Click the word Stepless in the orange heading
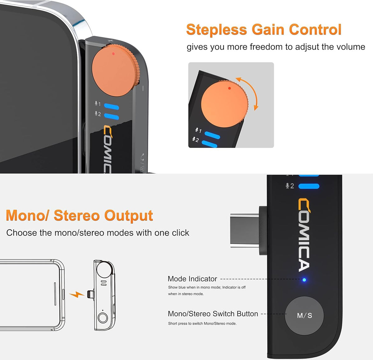point(217,30)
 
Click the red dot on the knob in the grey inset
point(229,88)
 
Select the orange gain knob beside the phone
point(115,71)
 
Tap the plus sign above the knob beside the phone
point(110,41)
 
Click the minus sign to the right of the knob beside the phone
point(143,88)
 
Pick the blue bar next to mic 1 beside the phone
point(112,107)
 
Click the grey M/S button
point(304,315)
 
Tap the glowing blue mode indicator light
point(304,280)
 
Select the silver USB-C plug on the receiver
point(245,230)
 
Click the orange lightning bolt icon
point(77,294)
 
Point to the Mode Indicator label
point(192,279)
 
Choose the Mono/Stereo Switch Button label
point(213,314)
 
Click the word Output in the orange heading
point(128,216)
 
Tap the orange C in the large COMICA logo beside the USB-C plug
point(304,206)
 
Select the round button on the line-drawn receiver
point(103,318)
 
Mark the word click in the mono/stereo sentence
point(180,233)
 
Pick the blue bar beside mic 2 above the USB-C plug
point(309,186)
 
